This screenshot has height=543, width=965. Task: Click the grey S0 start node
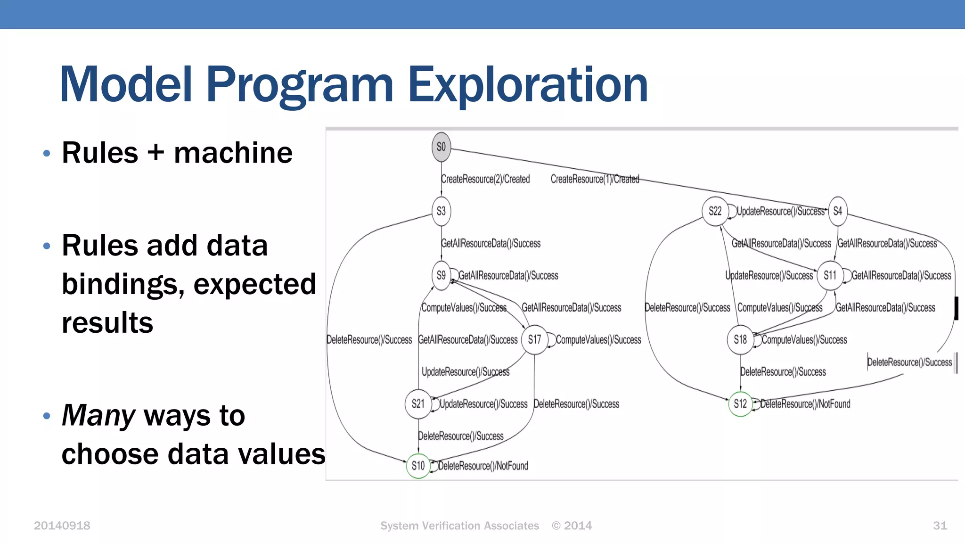click(441, 147)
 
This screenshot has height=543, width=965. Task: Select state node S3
click(441, 211)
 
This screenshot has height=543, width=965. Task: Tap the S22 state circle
click(715, 211)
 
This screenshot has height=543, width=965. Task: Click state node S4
click(837, 211)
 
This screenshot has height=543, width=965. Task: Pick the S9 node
click(441, 275)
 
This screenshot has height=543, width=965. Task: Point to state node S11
click(830, 275)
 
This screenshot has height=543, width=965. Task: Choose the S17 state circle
click(534, 339)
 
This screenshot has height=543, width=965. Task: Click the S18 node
click(740, 339)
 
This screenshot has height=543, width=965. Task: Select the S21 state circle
click(418, 404)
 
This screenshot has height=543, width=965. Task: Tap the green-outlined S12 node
click(740, 404)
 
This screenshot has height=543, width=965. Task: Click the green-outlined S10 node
click(418, 466)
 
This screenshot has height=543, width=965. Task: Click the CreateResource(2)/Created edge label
click(485, 179)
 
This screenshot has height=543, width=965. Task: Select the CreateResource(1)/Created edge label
click(595, 179)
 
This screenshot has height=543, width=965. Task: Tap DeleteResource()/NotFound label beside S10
click(483, 466)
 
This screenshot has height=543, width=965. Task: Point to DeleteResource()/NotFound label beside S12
click(805, 404)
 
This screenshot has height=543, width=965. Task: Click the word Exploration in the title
click(527, 85)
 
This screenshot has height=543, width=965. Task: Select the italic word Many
click(98, 415)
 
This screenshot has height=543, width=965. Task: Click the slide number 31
click(940, 526)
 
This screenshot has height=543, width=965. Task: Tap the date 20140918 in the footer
click(62, 526)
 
